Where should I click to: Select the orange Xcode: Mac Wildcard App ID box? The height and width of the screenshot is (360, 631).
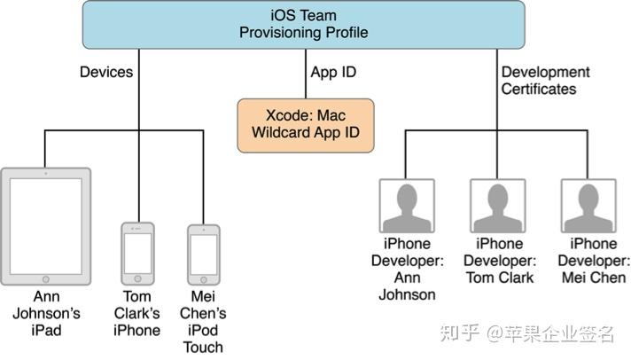(306, 124)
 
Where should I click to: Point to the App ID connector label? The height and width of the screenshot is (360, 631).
(333, 72)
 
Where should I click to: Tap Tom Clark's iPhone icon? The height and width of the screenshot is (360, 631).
(137, 253)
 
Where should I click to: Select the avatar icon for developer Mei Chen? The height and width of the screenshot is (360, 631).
(588, 205)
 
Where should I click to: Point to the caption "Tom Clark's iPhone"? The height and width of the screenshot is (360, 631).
(137, 313)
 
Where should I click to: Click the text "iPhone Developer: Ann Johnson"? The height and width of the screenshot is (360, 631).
(406, 269)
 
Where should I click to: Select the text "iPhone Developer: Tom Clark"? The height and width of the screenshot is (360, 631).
(498, 261)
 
